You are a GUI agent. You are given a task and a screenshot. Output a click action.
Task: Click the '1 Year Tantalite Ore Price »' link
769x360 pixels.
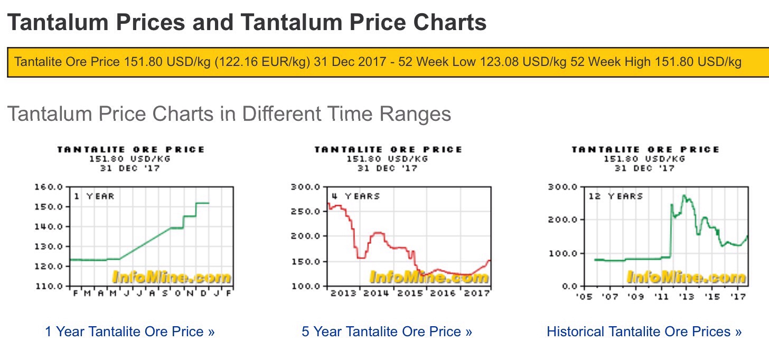[130, 332]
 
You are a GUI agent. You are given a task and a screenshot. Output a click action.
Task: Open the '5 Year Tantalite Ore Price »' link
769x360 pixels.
[387, 332]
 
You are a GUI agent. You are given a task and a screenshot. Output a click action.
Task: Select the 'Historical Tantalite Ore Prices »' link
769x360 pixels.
[644, 332]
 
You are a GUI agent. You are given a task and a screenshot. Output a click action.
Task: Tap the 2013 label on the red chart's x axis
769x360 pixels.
[343, 293]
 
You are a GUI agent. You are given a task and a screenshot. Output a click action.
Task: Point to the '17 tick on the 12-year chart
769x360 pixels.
[738, 297]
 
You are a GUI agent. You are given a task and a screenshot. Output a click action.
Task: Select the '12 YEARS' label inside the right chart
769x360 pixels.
[616, 196]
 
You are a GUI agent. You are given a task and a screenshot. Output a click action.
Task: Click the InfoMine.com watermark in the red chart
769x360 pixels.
[429, 277]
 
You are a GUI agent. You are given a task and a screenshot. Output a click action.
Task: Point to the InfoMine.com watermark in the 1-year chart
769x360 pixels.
[171, 277]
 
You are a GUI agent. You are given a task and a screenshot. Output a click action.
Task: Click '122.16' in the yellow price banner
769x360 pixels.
[233, 62]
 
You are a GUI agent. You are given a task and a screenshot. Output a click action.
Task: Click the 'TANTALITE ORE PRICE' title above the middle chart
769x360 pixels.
[388, 150]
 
